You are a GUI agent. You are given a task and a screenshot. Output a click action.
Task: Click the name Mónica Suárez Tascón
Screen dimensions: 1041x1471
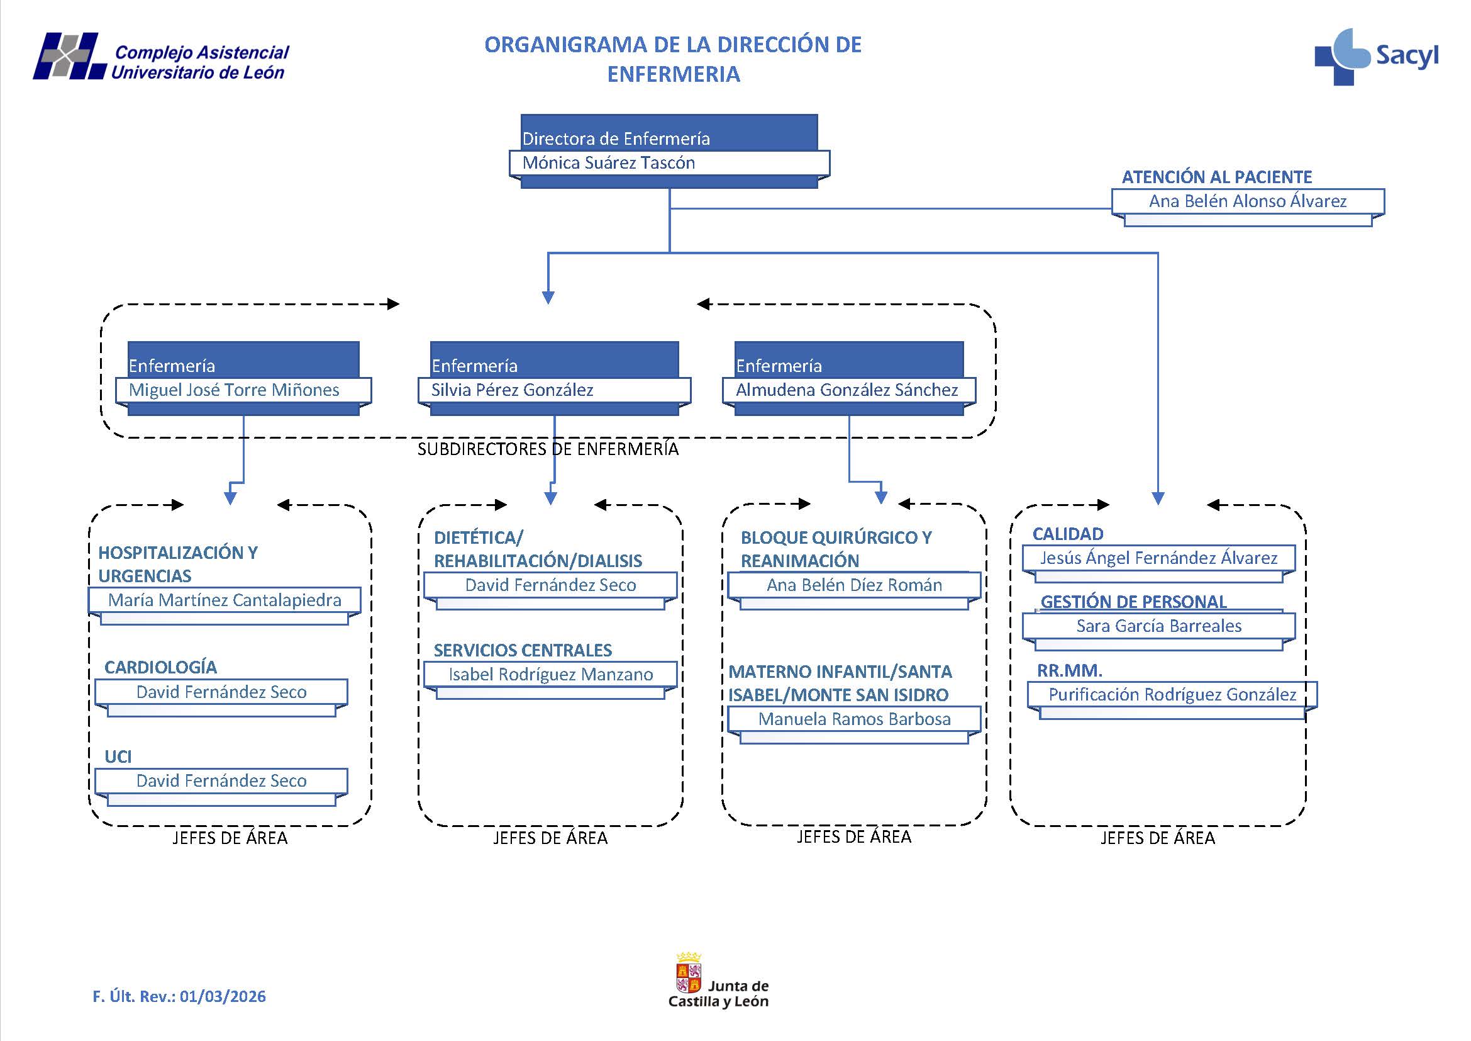click(x=608, y=163)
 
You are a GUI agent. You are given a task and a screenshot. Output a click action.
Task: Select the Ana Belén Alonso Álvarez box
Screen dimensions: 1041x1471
click(x=1246, y=201)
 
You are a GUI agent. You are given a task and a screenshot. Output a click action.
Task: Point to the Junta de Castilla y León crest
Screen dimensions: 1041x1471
click(x=689, y=972)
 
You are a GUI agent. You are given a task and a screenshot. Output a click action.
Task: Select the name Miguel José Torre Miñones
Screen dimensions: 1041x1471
click(x=234, y=390)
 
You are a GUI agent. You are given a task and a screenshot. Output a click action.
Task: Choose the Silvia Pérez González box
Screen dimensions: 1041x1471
click(x=554, y=390)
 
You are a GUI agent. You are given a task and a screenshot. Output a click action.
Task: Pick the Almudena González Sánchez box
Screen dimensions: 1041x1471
click(x=848, y=390)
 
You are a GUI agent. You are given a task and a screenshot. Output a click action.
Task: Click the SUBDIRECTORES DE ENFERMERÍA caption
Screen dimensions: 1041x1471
click(x=548, y=449)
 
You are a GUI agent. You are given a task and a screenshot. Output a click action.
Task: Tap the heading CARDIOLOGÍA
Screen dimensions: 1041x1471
click(x=160, y=667)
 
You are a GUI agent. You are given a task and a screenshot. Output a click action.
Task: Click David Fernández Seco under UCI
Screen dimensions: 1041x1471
click(x=221, y=780)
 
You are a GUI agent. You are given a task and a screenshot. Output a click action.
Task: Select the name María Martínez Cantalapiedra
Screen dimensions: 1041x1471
click(x=225, y=600)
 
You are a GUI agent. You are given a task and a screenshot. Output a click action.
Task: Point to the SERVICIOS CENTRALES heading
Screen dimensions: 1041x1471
click(x=522, y=650)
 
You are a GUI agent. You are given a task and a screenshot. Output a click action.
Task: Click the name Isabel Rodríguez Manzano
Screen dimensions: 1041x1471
click(x=550, y=674)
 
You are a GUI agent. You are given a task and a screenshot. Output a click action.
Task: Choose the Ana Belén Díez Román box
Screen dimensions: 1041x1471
click(x=853, y=585)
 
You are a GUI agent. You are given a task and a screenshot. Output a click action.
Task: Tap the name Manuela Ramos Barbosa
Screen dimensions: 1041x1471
click(x=853, y=719)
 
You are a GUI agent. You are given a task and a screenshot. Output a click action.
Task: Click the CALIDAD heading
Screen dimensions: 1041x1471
click(x=1067, y=534)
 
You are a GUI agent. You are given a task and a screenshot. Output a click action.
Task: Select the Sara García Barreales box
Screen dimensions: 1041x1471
click(x=1158, y=626)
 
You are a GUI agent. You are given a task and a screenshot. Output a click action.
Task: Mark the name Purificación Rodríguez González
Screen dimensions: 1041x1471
click(x=1172, y=694)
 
